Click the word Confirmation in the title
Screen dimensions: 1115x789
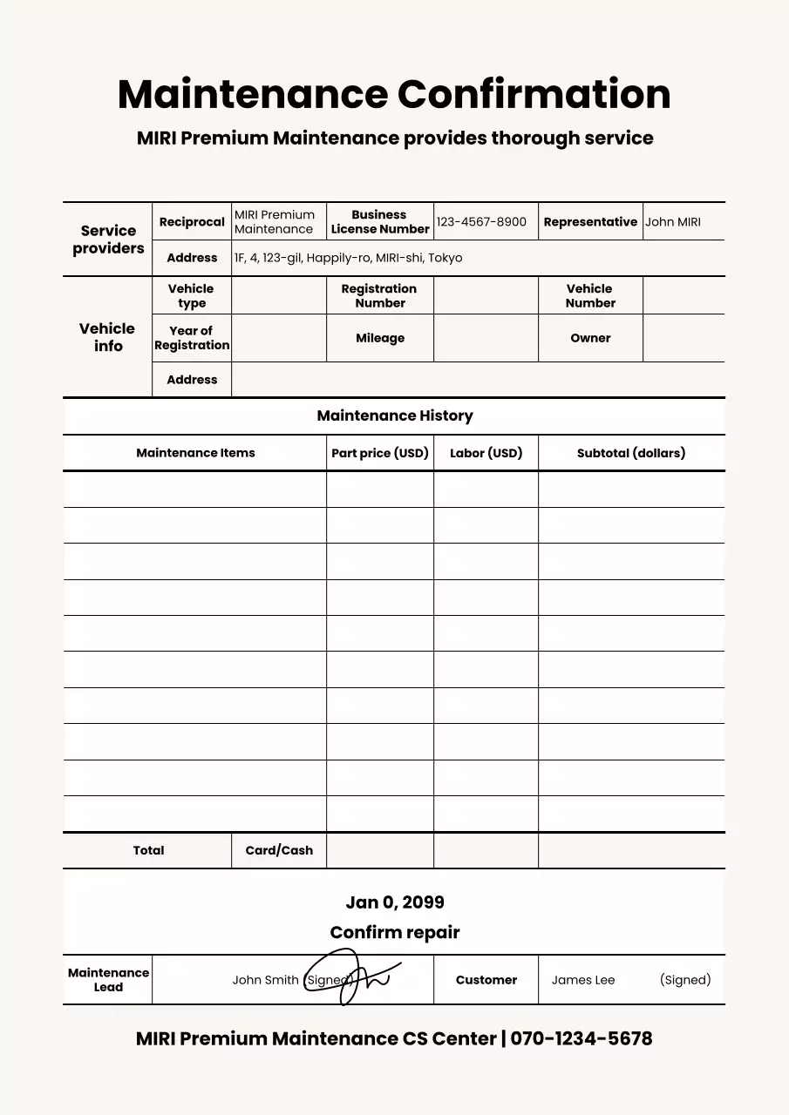534,94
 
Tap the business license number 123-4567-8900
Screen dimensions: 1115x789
481,222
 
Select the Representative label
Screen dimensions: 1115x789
590,222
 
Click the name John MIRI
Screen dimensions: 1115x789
672,222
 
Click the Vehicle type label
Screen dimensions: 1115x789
191,295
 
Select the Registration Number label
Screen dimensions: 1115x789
379,295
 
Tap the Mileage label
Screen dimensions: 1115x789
379,338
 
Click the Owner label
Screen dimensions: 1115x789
590,338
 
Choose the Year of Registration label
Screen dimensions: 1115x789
192,338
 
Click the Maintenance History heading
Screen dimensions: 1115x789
394,416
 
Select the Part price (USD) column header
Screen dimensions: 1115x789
380,453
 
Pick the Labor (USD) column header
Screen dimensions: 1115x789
486,453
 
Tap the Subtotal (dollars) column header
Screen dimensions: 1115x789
631,453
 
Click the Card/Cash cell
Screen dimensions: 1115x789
279,850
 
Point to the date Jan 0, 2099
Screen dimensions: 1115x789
394,902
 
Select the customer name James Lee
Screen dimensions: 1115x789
582,980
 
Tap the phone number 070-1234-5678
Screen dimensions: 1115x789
581,1038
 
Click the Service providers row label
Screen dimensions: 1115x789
108,240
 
